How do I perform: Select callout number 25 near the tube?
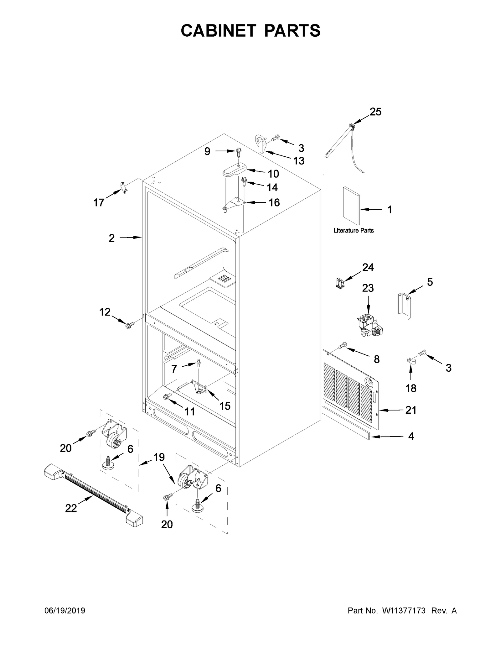(375, 112)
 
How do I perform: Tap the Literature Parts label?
(354, 231)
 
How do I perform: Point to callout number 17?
(99, 203)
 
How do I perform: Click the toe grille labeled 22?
(94, 495)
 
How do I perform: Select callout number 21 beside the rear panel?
(411, 410)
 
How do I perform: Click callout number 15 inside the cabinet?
(225, 406)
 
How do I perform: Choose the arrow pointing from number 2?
(131, 238)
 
